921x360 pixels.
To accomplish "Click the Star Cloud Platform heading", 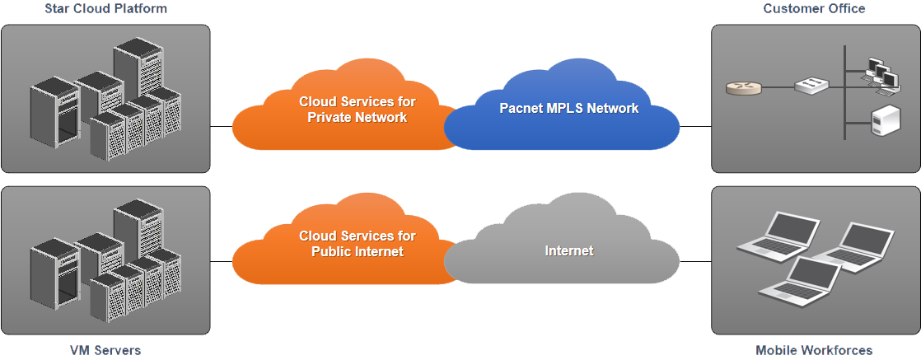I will pyautogui.click(x=105, y=9).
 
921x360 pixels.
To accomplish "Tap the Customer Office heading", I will pyautogui.click(x=814, y=9).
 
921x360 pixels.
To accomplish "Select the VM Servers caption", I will pyautogui.click(x=105, y=350).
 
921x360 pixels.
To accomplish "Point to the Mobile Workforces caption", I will pyautogui.click(x=814, y=350).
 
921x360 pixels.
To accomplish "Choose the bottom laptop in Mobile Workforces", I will pyautogui.click(x=800, y=281).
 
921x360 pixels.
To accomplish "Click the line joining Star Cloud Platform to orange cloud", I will pyautogui.click(x=222, y=127).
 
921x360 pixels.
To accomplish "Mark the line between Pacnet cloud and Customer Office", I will pyautogui.click(x=695, y=127).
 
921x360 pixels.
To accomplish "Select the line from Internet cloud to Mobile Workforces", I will pyautogui.click(x=695, y=261).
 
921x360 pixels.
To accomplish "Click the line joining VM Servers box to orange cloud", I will pyautogui.click(x=222, y=261).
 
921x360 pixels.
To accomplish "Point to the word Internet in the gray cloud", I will pyautogui.click(x=568, y=250).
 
